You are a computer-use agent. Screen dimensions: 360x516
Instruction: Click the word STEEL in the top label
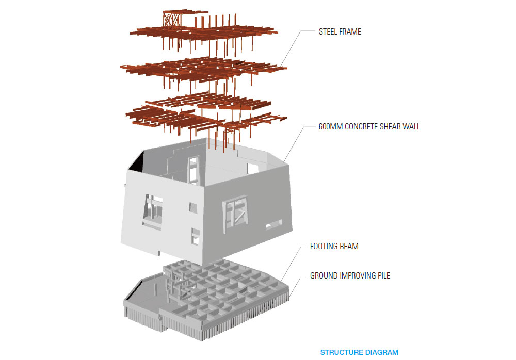(x=327, y=32)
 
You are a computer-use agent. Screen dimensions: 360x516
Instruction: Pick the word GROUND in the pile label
(x=324, y=276)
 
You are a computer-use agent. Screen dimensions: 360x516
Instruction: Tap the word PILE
(x=382, y=276)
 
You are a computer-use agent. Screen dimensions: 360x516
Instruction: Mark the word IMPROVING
(x=356, y=276)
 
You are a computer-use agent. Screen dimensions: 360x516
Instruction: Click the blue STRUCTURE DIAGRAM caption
(x=359, y=353)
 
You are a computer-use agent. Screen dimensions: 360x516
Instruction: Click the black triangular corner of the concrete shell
(x=136, y=163)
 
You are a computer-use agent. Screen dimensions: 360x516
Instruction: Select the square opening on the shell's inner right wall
(x=252, y=168)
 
